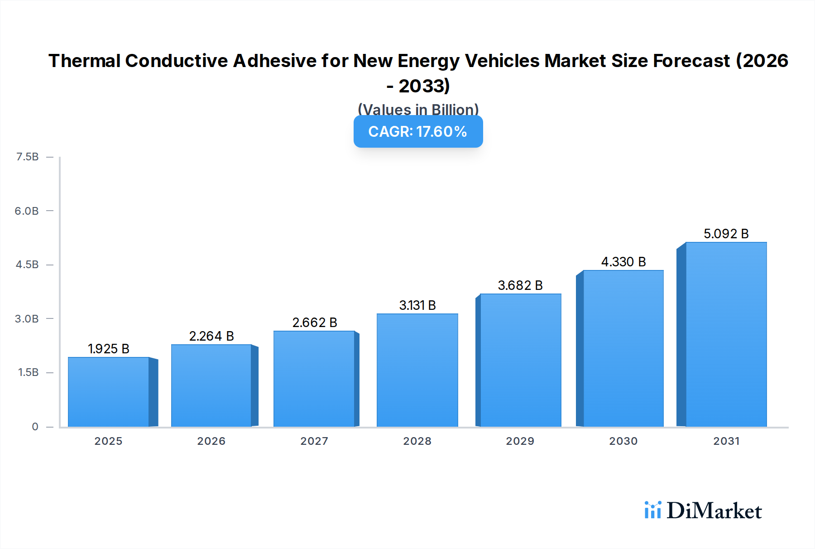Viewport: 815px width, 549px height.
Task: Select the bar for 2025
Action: pos(109,392)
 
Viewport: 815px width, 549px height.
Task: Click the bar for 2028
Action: pos(417,370)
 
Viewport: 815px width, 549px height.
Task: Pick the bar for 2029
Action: pos(520,360)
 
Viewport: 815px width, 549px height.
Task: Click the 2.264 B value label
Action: pos(211,336)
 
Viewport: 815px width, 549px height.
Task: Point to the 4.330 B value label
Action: pos(623,262)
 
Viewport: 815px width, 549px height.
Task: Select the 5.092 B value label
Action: pos(726,234)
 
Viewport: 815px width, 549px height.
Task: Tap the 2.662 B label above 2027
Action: pos(315,323)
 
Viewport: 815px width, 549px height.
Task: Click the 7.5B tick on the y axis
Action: pos(27,157)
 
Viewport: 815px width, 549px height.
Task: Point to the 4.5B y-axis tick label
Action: pos(27,265)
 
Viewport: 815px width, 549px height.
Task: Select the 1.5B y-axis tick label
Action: pos(28,372)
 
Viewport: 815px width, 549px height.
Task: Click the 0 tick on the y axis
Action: pos(35,426)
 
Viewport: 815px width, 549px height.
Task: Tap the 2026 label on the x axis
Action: pos(211,441)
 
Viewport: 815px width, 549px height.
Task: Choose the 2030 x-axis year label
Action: pos(623,441)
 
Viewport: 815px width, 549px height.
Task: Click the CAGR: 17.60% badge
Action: pos(417,131)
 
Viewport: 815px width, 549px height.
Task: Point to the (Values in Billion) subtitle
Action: pos(417,109)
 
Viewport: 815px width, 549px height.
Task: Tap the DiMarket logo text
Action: pos(714,511)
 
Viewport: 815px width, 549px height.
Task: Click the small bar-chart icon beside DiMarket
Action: pos(652,510)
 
